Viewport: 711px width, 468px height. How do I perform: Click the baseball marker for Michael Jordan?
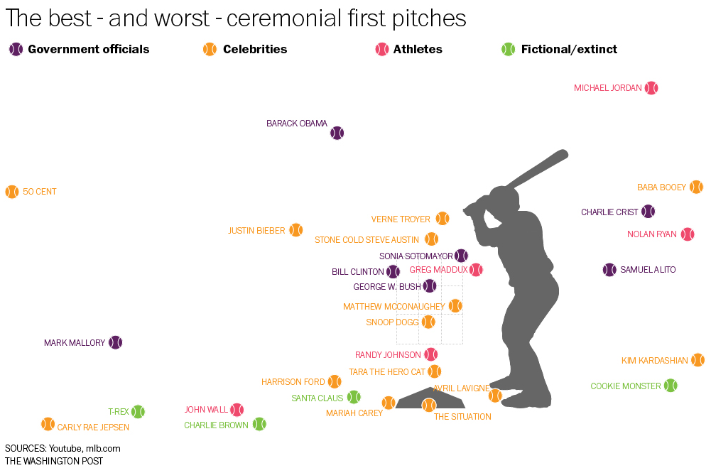click(x=651, y=88)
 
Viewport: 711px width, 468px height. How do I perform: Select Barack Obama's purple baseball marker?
click(x=337, y=133)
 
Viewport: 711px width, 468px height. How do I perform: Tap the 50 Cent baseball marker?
click(x=12, y=192)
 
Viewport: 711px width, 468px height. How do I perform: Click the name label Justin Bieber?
click(x=256, y=231)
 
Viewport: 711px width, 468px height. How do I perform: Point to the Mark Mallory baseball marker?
click(x=116, y=342)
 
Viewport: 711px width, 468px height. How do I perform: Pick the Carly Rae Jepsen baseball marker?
click(x=48, y=424)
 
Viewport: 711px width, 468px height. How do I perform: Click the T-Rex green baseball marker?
click(x=138, y=411)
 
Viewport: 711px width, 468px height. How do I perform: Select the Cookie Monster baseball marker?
click(x=671, y=386)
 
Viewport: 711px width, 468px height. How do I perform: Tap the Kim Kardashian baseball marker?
click(x=698, y=360)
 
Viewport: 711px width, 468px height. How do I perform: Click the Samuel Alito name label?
click(x=648, y=270)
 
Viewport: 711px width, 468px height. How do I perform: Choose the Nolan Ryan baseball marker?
click(x=688, y=234)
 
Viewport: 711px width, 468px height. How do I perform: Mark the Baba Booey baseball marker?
click(x=696, y=187)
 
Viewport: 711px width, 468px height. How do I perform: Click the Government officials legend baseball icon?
click(x=16, y=50)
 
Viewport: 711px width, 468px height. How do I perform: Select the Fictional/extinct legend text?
click(x=569, y=50)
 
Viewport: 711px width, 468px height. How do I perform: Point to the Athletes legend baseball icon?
click(x=382, y=50)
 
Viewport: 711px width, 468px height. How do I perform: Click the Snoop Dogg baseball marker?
click(x=428, y=322)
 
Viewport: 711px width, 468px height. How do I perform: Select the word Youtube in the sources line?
click(x=65, y=448)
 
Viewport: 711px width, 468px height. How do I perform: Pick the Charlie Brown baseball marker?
click(x=259, y=424)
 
